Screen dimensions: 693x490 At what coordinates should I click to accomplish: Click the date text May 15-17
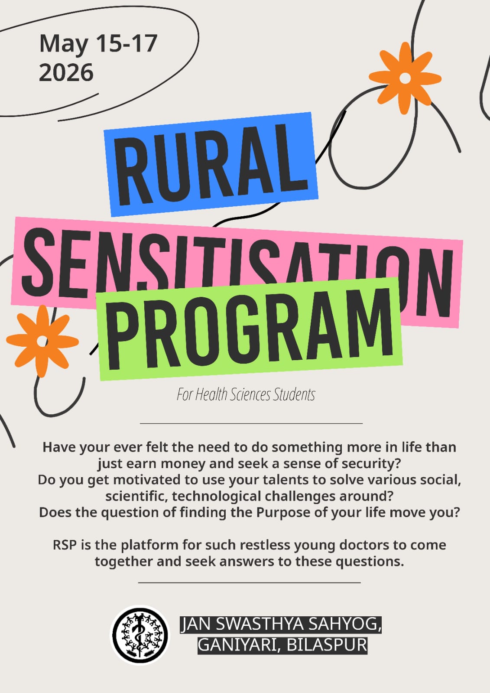pos(98,43)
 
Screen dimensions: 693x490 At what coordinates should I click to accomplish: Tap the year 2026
pos(66,72)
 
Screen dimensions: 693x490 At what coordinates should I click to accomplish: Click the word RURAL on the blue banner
pos(211,164)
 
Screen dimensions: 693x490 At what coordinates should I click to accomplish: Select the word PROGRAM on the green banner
pos(250,329)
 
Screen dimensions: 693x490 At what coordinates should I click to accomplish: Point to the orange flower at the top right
pos(405,78)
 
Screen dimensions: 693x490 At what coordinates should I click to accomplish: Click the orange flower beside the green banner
pos(42,341)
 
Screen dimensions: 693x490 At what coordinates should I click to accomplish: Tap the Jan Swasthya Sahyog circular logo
pos(140,634)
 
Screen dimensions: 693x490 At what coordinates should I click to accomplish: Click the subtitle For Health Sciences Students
pos(246,394)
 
